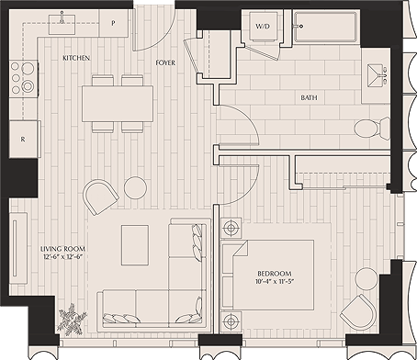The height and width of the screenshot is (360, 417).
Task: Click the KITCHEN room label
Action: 76,58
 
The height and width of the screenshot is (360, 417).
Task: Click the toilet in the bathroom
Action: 366,128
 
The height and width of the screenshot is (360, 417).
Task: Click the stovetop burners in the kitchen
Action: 23,79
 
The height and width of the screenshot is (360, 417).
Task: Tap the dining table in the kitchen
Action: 118,102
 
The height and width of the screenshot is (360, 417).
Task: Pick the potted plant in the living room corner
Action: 72,321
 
